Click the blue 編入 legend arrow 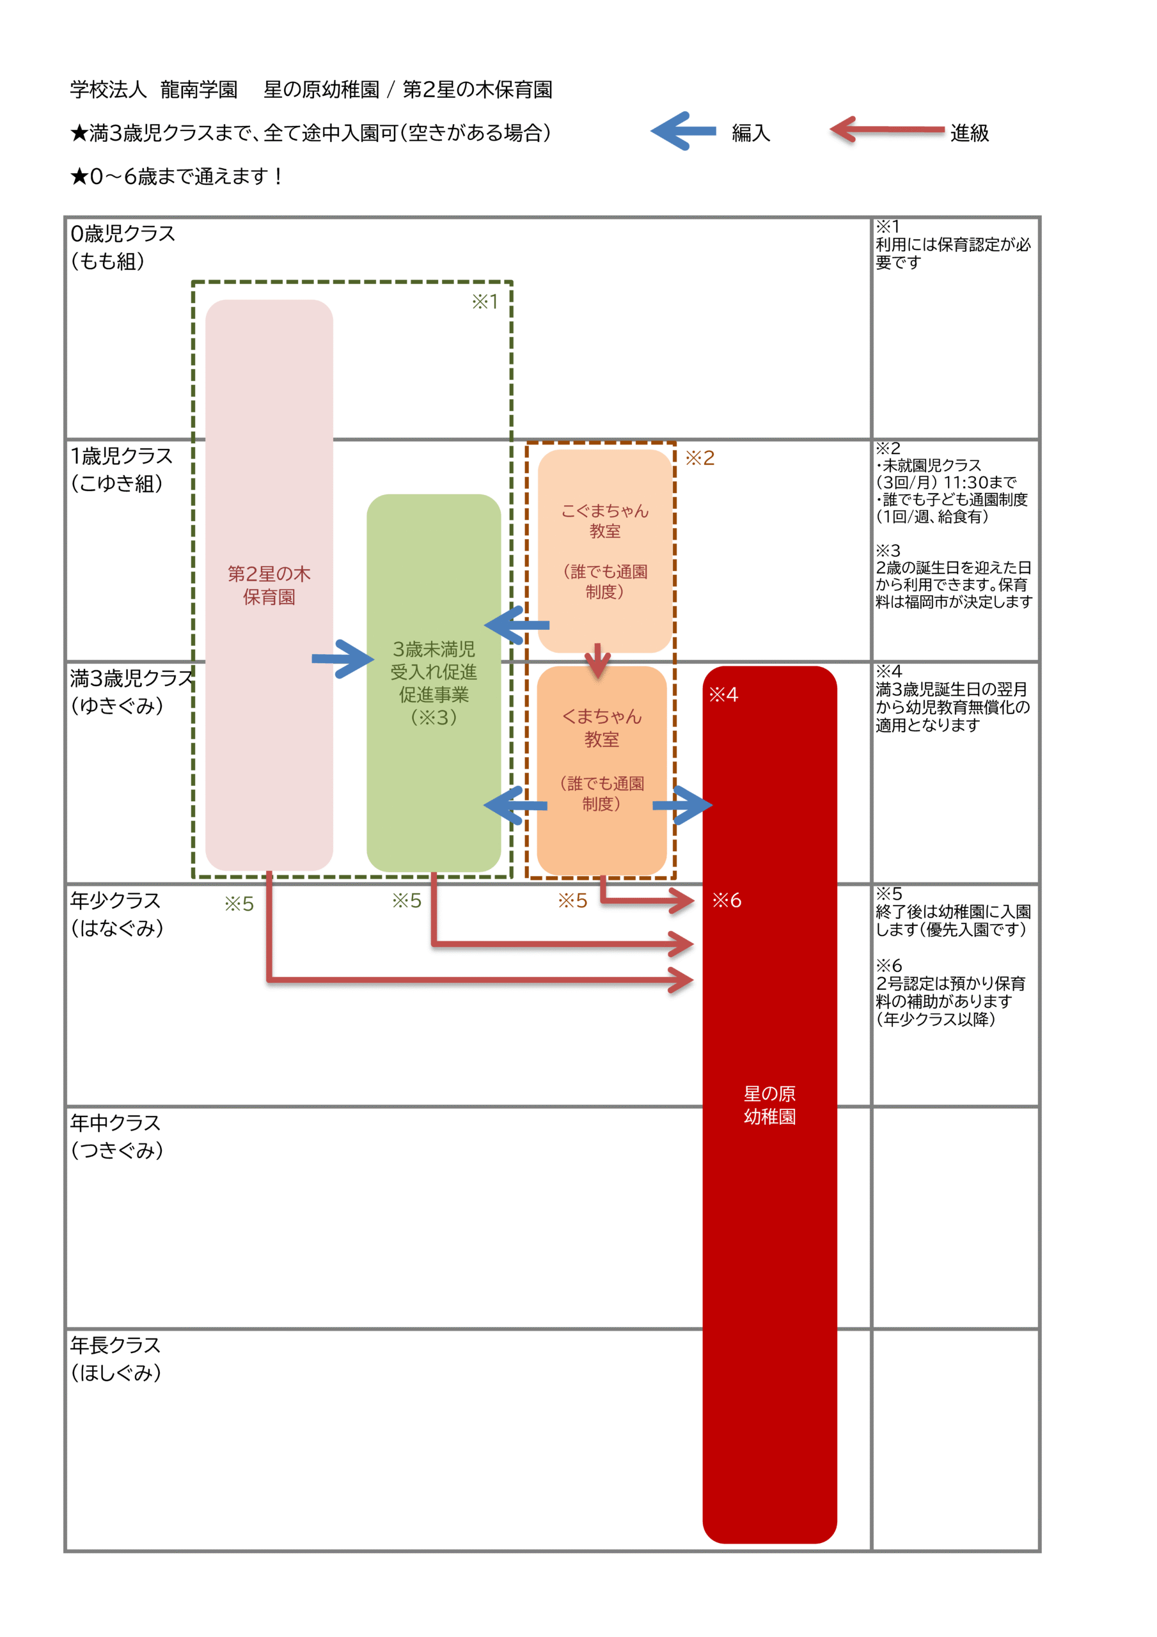coord(682,131)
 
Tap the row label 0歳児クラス coord(123,234)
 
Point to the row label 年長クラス coord(116,1345)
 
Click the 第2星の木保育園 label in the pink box coord(269,585)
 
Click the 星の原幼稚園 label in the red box coord(769,1105)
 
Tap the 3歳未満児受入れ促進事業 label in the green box coord(434,682)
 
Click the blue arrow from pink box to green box coord(342,659)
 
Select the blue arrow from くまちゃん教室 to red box coord(682,805)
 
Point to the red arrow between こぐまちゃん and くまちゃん coord(598,660)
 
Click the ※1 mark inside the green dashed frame coord(485,302)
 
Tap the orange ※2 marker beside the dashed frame coord(700,458)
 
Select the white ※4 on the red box coord(723,694)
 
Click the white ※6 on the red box coord(726,900)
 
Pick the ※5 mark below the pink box coord(239,904)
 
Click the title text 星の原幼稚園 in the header coord(322,90)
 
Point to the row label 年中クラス coord(116,1123)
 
